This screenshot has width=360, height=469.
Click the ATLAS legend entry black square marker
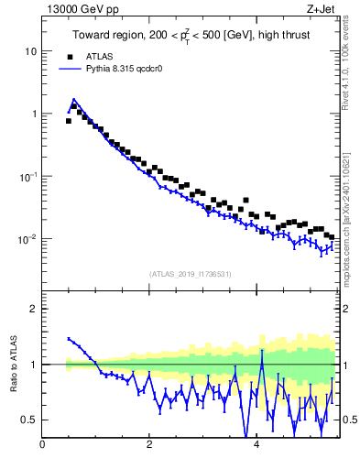coord(69,56)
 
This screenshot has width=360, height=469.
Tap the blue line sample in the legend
coord(69,68)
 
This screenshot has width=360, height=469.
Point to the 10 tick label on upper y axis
coord(31,51)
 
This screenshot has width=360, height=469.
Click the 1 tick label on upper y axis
coord(33,115)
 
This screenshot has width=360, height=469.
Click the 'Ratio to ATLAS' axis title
coord(14,365)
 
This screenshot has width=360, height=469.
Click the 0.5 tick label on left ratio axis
coord(29,420)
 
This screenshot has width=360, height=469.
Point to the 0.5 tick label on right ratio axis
coord(350,420)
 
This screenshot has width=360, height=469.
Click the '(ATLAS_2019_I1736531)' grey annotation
coord(190,274)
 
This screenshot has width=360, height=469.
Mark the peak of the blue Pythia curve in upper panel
coord(73,99)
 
